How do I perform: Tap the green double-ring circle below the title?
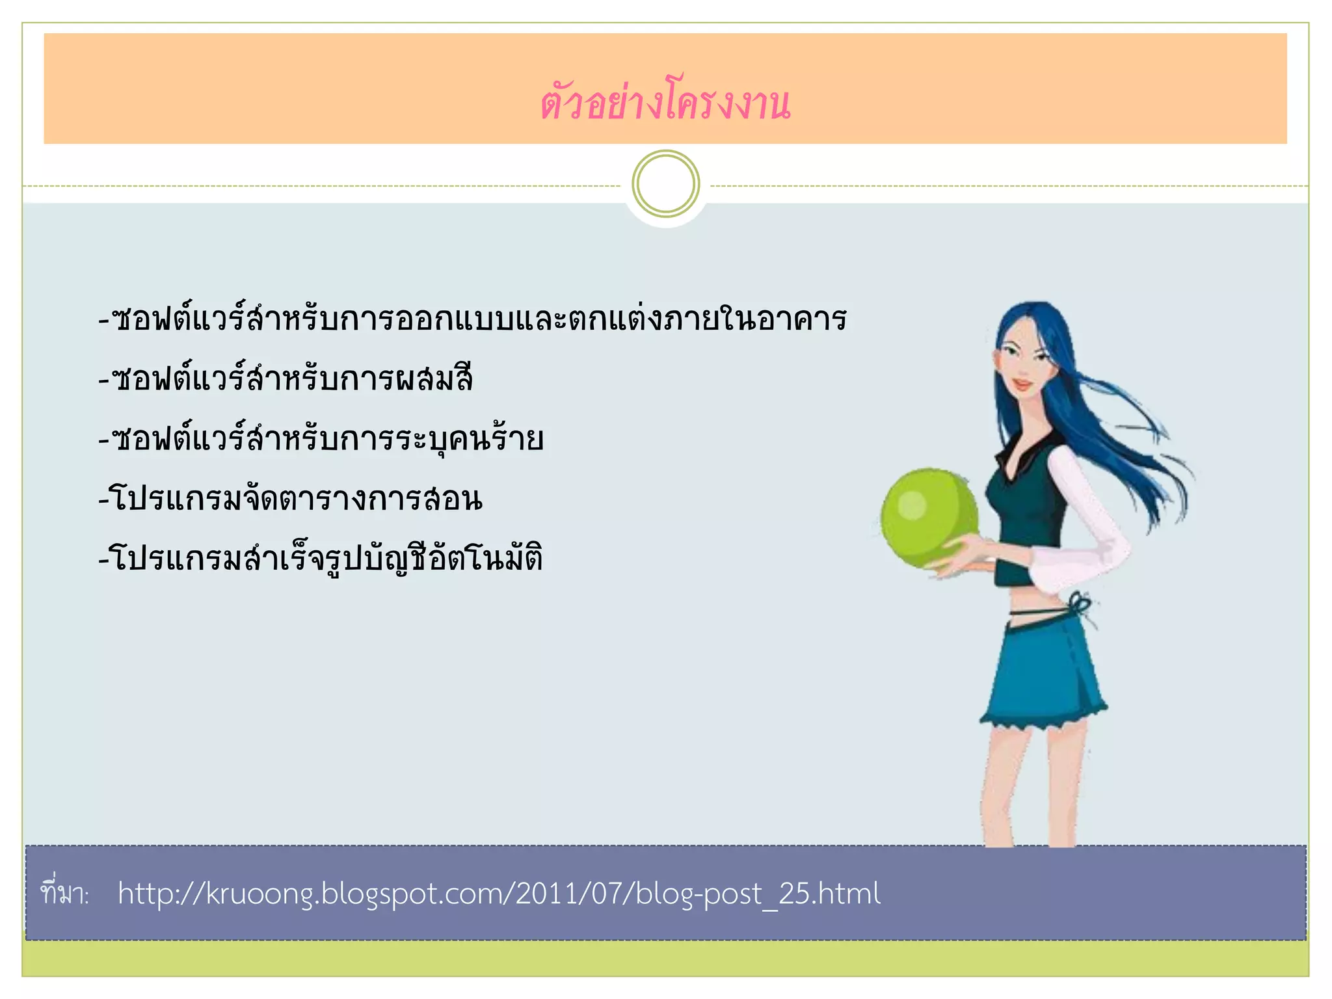click(665, 184)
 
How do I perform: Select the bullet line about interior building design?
click(472, 319)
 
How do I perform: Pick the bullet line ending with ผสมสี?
click(286, 379)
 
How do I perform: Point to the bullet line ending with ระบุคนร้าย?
click(321, 438)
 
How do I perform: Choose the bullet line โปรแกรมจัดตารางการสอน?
click(291, 499)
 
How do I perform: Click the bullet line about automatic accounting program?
click(321, 558)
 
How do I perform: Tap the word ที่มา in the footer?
click(64, 894)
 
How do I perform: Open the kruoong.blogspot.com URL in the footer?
click(499, 894)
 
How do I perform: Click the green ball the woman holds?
click(928, 518)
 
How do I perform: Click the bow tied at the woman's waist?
click(1081, 605)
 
